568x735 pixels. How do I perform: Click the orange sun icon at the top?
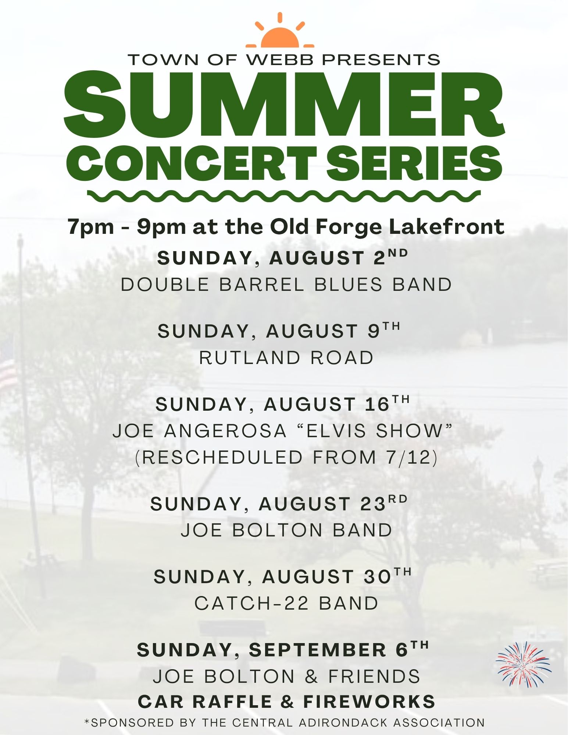click(x=280, y=32)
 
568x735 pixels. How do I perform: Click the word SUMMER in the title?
click(x=284, y=104)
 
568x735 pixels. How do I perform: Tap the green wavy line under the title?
click(x=284, y=196)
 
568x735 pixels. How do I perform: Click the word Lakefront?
click(x=447, y=226)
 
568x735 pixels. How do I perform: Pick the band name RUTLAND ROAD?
click(x=286, y=358)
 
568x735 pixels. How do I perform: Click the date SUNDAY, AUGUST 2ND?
click(x=283, y=257)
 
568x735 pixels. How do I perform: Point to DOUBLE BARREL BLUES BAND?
click(x=286, y=285)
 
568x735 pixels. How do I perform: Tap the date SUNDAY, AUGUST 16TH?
click(x=282, y=404)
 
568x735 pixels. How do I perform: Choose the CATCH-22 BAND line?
click(x=286, y=603)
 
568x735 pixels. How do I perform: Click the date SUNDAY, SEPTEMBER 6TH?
click(x=283, y=650)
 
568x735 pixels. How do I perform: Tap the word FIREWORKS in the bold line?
click(x=369, y=702)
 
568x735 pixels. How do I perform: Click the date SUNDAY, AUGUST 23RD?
click(x=279, y=503)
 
